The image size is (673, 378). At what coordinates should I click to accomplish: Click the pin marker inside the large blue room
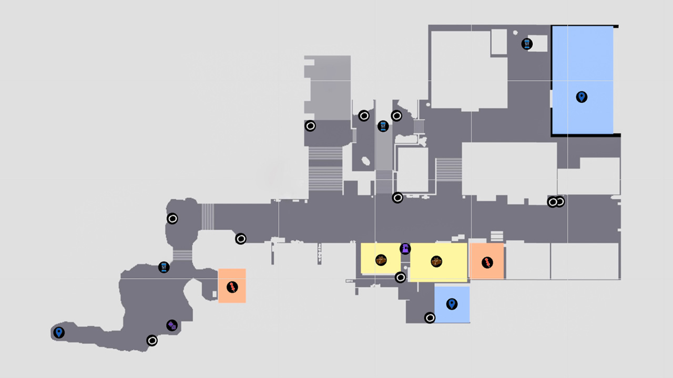pos(581,97)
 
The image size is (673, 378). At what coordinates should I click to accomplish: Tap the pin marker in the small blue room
pos(451,304)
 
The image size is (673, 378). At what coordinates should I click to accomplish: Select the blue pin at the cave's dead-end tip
pos(59,332)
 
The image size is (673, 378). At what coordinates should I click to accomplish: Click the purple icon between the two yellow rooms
pos(405,249)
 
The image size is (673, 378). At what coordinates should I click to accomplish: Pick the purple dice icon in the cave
pos(172,325)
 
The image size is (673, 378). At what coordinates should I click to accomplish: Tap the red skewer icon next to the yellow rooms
pos(487,262)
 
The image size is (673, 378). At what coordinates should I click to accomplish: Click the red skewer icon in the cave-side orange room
pos(232,287)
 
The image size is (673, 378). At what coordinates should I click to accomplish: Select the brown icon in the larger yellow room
pos(436,261)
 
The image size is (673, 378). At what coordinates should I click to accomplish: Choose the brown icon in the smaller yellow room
pos(381,260)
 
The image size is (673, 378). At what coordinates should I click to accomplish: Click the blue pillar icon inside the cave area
pos(164,267)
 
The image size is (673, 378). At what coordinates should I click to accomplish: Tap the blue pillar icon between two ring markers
pos(383,126)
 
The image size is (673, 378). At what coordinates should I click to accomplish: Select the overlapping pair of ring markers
pos(556,202)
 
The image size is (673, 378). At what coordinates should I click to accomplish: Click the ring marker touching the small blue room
pos(430,318)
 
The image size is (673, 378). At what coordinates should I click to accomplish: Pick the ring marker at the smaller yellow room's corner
pos(400,277)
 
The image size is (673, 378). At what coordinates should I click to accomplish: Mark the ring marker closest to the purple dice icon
pos(152,341)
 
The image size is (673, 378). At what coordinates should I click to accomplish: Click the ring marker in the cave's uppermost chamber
pos(172,218)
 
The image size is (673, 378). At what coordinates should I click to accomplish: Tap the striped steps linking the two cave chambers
pos(182,255)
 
